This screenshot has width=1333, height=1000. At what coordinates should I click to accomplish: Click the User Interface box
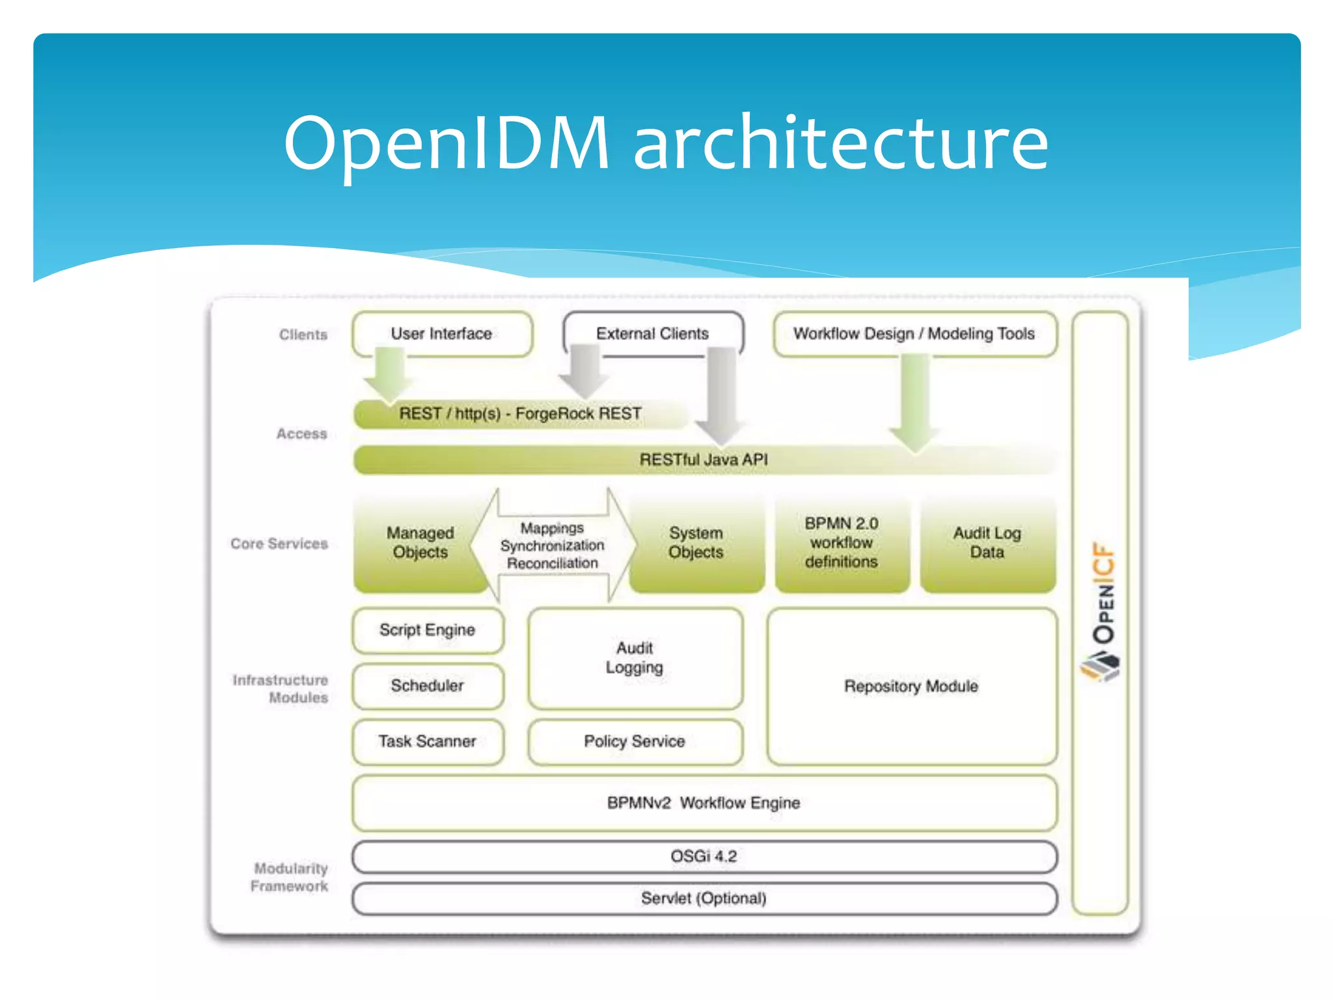(x=442, y=334)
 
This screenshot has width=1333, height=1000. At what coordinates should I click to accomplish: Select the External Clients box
(x=652, y=334)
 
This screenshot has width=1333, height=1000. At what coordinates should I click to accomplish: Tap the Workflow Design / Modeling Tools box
(x=914, y=334)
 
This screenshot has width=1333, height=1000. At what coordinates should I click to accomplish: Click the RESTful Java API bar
(x=704, y=460)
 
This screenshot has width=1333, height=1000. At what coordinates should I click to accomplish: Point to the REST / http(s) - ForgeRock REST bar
(x=520, y=414)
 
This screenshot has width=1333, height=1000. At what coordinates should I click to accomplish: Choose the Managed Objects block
(x=420, y=543)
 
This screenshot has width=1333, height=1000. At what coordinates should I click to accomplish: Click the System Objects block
(x=696, y=543)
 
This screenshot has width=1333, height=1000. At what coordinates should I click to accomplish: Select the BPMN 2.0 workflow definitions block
(x=842, y=543)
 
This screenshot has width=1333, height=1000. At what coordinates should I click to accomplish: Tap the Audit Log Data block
(x=987, y=543)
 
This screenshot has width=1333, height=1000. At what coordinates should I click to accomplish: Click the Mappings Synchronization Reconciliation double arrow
(x=553, y=546)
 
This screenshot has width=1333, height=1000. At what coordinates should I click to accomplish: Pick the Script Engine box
(x=428, y=630)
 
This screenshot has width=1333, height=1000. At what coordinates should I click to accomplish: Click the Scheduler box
(x=428, y=686)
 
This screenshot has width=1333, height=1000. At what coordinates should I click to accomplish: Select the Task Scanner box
(x=428, y=742)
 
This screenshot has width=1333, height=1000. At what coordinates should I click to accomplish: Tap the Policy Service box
(x=635, y=742)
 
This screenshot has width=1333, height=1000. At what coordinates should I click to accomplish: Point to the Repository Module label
(x=911, y=686)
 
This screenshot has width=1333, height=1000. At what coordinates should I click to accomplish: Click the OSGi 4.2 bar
(x=704, y=857)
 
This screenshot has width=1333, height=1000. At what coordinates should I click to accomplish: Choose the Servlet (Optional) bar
(x=704, y=898)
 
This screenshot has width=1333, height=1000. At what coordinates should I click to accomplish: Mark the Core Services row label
(x=279, y=544)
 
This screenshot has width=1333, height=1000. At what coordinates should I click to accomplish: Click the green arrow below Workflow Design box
(x=914, y=404)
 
